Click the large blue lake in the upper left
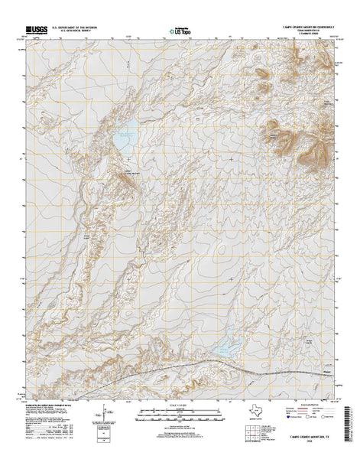coord(125,140)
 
